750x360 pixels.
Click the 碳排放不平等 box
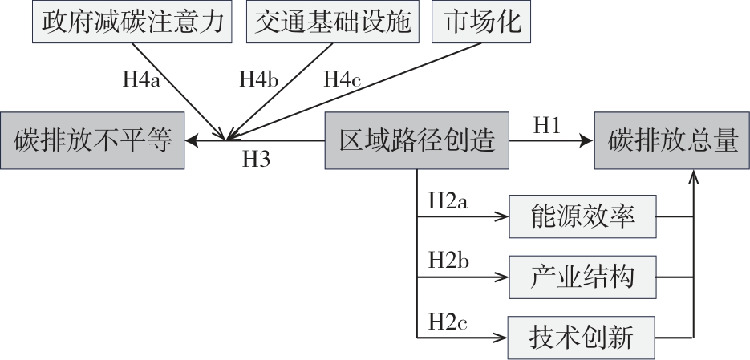click(x=93, y=141)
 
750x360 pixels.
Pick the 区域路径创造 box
click(x=417, y=141)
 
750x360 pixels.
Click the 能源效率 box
click(x=583, y=216)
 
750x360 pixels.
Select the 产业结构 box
click(x=583, y=277)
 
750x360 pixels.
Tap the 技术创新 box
click(x=583, y=336)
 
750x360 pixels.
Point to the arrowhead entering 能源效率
click(x=504, y=217)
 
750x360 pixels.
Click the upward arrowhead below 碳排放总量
click(x=693, y=176)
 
